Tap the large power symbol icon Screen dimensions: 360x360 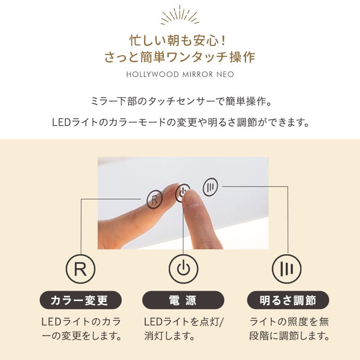click(183, 269)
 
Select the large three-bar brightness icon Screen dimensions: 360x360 click(287, 269)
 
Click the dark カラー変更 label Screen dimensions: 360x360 click(81, 300)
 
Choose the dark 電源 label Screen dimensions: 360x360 click(183, 300)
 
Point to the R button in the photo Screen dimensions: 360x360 click(155, 199)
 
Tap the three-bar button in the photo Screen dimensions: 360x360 click(210, 187)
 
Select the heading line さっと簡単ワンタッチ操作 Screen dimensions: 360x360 click(180, 58)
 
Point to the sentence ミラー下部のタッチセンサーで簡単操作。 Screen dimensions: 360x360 click(180, 100)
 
